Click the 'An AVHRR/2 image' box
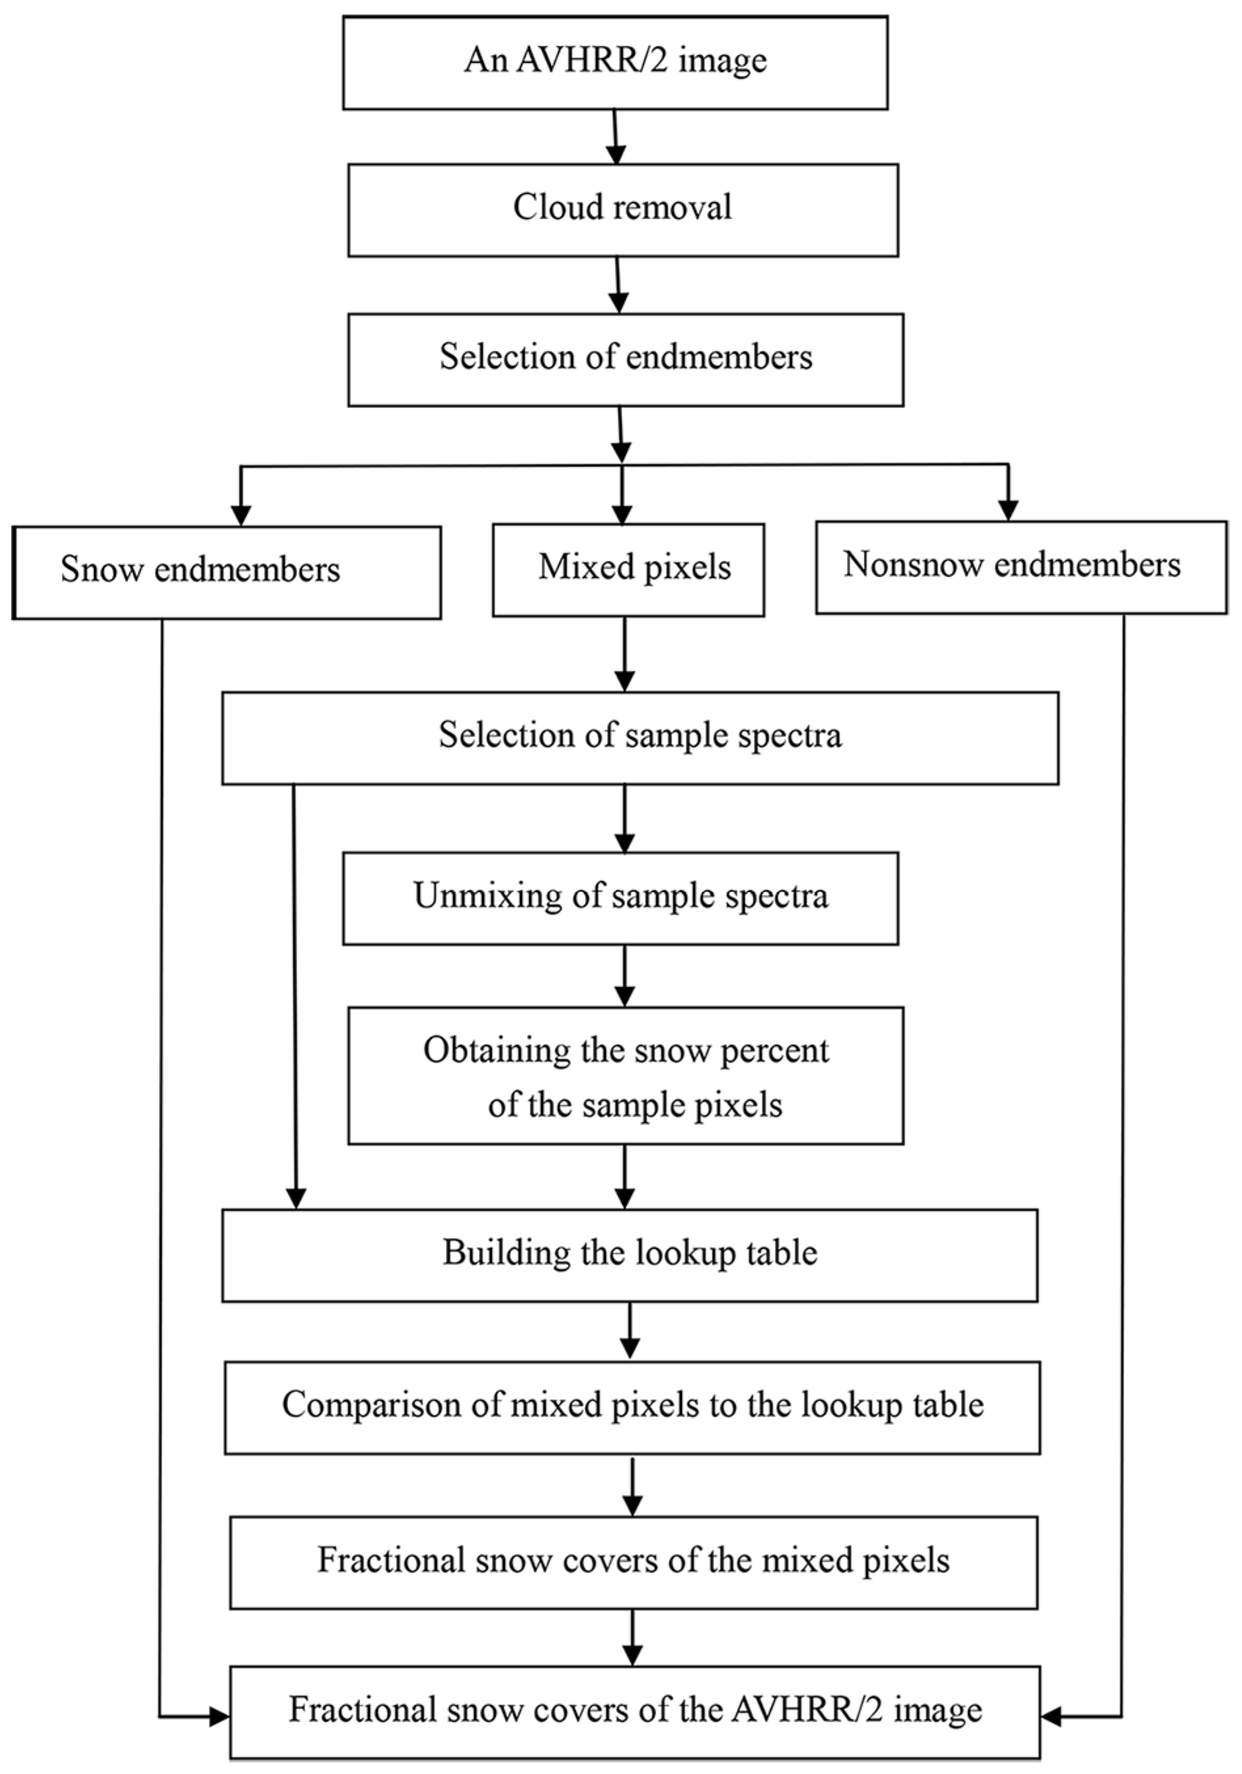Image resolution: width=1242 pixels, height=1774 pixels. point(615,62)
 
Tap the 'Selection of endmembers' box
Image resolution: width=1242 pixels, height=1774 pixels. point(626,358)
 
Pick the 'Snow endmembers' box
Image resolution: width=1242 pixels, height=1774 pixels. point(226,572)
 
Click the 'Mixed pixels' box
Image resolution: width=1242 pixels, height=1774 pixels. point(628,569)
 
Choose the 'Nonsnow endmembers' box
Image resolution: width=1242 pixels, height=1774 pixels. point(1021,567)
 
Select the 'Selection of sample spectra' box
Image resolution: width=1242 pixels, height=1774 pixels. point(639,737)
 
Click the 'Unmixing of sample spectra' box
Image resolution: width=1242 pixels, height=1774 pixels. point(620,898)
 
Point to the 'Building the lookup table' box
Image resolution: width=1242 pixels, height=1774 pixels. point(629,1255)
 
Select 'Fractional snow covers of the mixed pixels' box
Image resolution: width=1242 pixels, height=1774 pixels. point(633,1562)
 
